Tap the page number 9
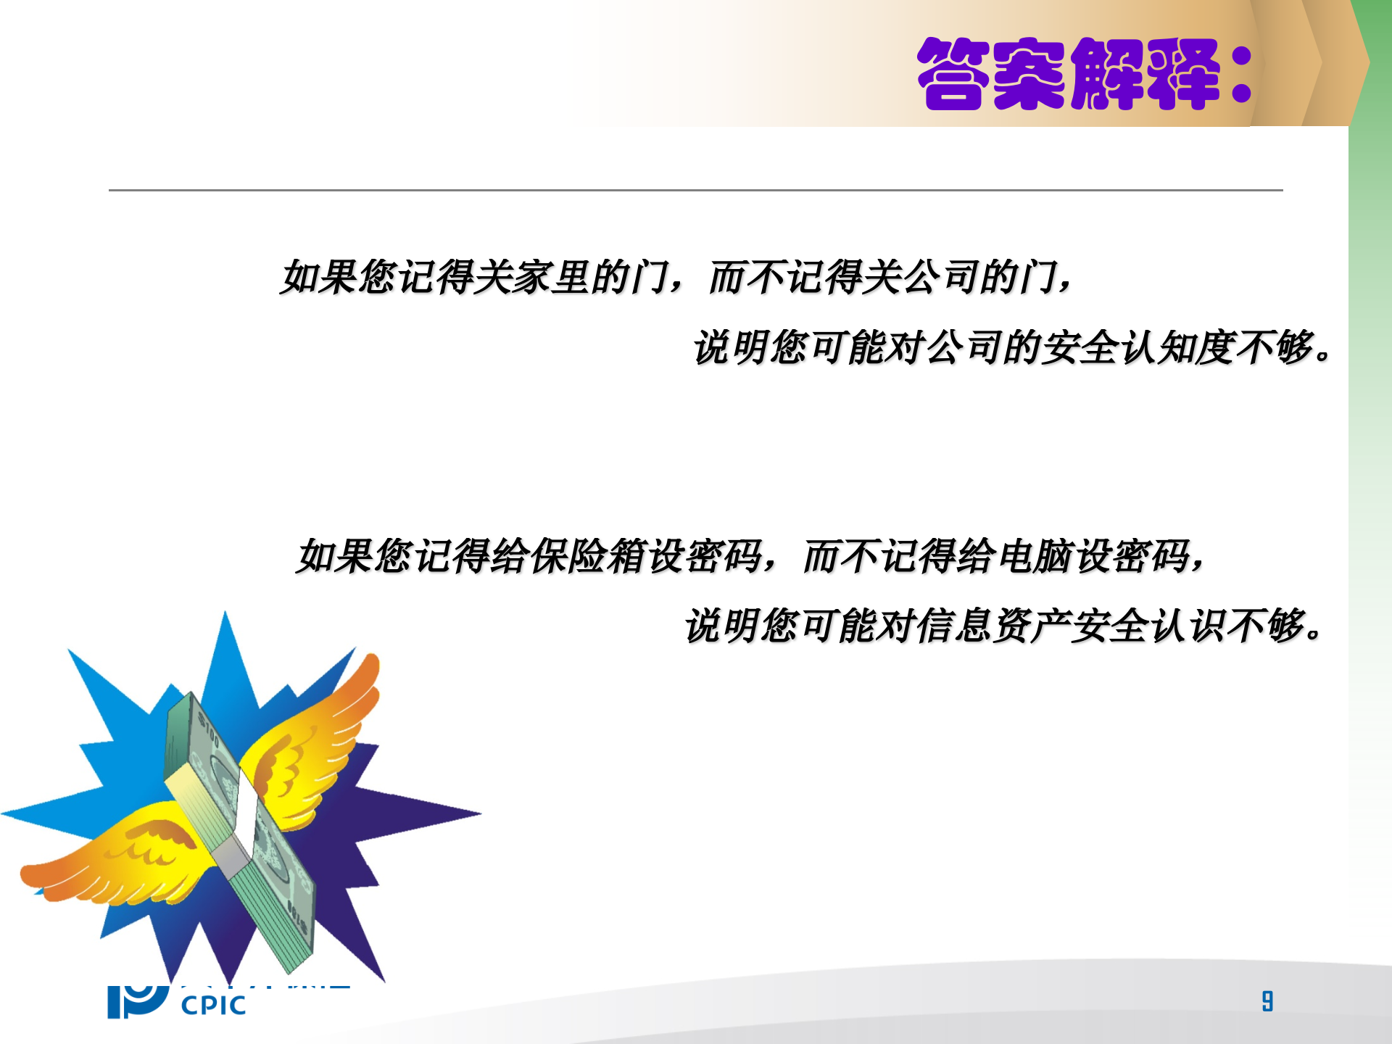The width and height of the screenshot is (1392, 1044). click(x=1267, y=1001)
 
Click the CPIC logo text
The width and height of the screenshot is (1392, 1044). click(x=213, y=1006)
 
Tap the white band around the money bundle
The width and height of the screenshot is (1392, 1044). click(x=246, y=826)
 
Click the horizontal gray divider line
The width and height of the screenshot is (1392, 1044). click(x=696, y=190)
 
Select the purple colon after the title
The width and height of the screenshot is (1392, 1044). click(x=1241, y=75)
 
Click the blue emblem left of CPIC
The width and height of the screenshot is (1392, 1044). click(x=136, y=1001)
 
